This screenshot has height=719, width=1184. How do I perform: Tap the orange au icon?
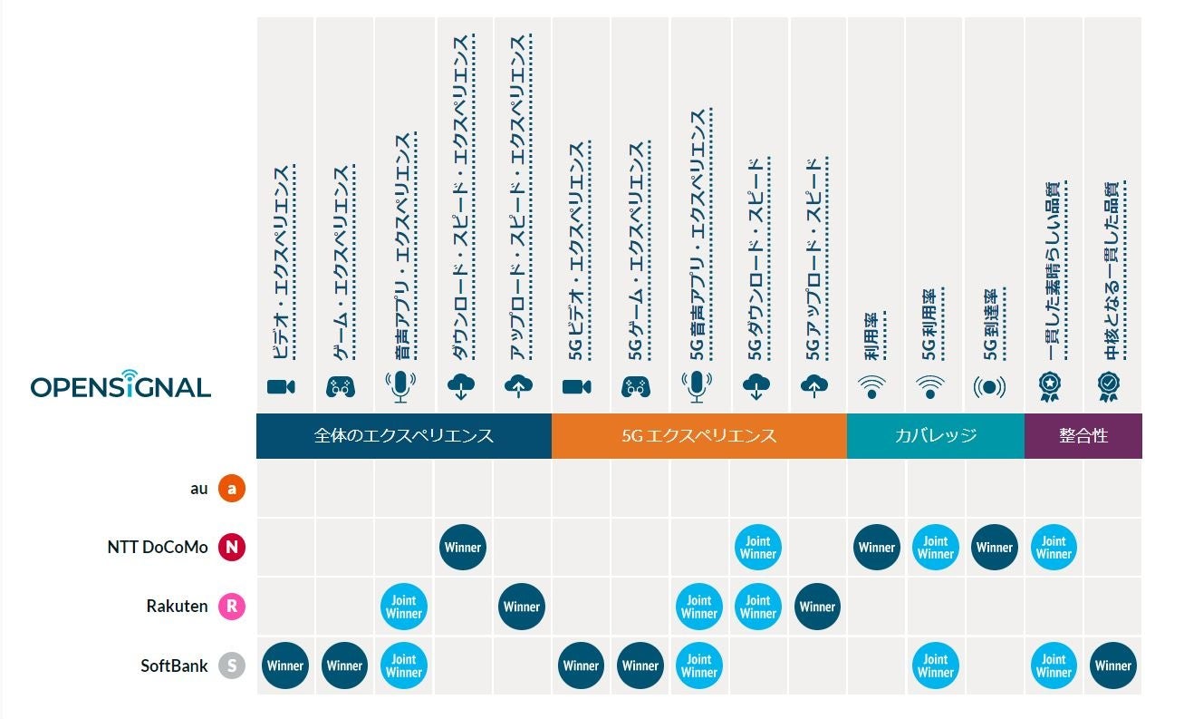(x=232, y=489)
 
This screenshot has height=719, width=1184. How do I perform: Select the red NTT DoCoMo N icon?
(x=232, y=548)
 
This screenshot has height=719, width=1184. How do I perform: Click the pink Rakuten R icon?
(x=232, y=607)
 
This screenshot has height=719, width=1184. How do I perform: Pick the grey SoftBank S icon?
(x=232, y=666)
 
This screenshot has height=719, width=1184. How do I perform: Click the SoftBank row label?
(x=174, y=666)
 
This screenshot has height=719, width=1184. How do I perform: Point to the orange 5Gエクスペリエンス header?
(x=698, y=436)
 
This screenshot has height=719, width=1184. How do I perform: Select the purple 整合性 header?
(x=1083, y=436)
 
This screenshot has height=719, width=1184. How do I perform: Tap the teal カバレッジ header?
(x=935, y=436)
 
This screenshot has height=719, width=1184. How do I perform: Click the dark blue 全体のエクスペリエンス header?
(x=403, y=436)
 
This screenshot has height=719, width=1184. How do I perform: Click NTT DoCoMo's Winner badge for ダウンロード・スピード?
(x=463, y=548)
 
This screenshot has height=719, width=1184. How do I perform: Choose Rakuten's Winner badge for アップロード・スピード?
(x=521, y=607)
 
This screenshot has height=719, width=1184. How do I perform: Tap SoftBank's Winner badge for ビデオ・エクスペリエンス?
(x=285, y=666)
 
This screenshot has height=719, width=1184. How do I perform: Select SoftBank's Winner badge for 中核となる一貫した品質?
(x=1112, y=666)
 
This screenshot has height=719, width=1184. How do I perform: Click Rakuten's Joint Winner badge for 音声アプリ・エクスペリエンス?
(x=404, y=607)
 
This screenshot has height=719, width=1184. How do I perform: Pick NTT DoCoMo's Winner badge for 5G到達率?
(x=994, y=548)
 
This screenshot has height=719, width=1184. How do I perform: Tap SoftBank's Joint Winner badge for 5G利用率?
(x=935, y=666)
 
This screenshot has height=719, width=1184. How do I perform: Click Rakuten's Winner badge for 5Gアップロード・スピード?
(x=817, y=607)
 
